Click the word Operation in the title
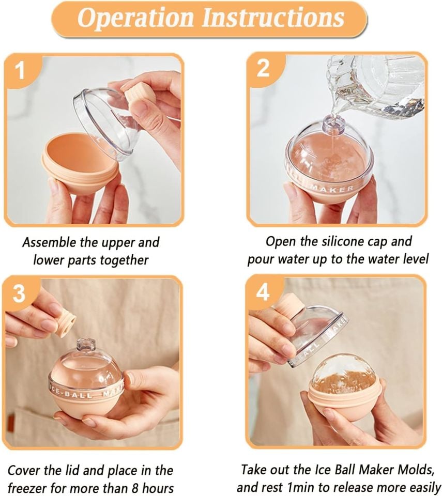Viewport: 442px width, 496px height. [x=135, y=18]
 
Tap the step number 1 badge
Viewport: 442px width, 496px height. [x=20, y=71]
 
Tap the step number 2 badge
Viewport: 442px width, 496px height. [x=263, y=68]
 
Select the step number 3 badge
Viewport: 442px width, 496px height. [x=19, y=293]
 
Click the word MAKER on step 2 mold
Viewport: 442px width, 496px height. [x=332, y=189]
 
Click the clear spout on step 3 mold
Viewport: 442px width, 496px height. [x=86, y=345]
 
